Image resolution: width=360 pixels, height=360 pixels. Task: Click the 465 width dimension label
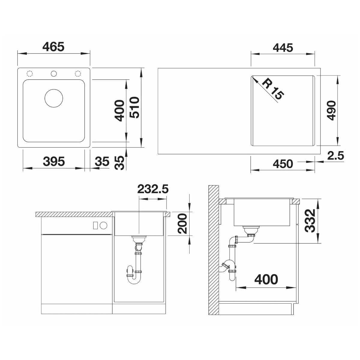[x=53, y=47]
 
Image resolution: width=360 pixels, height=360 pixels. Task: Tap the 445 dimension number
[x=283, y=48]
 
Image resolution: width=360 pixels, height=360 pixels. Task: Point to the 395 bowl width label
[x=54, y=161]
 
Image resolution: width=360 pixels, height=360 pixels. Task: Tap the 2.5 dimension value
[x=335, y=155]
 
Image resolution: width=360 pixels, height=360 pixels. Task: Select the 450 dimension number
[x=283, y=164]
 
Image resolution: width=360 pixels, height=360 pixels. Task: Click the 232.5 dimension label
[x=153, y=189]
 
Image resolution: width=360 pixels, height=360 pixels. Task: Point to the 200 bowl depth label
[x=182, y=223]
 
